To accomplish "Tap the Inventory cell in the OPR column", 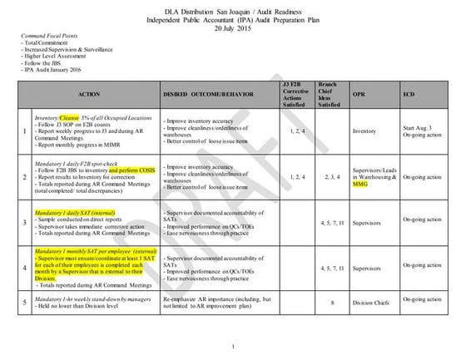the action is [364, 131].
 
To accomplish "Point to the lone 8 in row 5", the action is [331, 303].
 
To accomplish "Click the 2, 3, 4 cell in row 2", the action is [331, 177].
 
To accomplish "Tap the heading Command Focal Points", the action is [47, 37].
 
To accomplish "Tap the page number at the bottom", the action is [234, 346].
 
